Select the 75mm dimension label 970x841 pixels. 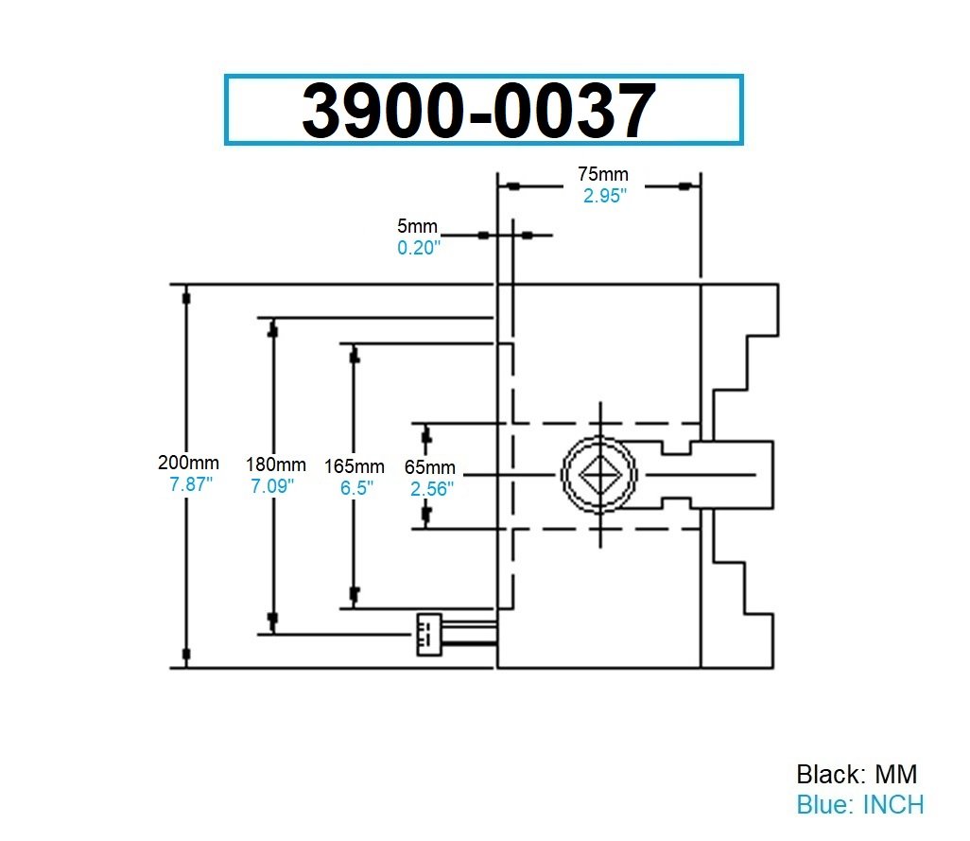click(602, 174)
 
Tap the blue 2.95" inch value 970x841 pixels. click(603, 195)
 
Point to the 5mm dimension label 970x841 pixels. click(417, 226)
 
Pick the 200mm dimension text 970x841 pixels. click(188, 463)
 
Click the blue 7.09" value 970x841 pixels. click(272, 486)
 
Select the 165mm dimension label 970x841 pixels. click(354, 465)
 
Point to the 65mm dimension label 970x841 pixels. click(430, 467)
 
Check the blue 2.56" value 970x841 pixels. click(431, 488)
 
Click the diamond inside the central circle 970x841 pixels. click(599, 471)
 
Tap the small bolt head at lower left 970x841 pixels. click(428, 634)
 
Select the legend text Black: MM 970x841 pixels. click(857, 774)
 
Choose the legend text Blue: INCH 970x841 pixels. click(859, 804)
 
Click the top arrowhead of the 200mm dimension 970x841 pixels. click(186, 297)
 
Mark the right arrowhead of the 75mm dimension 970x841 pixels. click(683, 186)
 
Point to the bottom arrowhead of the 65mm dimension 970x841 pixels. click(426, 514)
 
